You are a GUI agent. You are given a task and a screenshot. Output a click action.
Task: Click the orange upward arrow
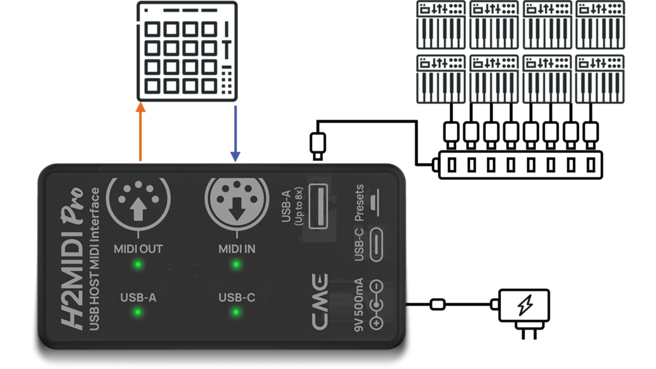(x=141, y=131)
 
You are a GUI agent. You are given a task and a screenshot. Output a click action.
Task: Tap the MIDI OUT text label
(x=138, y=249)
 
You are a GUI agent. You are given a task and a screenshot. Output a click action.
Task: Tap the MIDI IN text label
(x=237, y=249)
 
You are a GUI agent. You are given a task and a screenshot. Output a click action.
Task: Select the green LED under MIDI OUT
(x=138, y=264)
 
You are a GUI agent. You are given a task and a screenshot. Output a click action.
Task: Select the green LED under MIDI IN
(x=237, y=264)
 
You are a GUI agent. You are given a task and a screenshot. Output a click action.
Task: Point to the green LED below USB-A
(x=138, y=312)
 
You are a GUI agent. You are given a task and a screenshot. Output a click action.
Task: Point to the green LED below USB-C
(x=236, y=312)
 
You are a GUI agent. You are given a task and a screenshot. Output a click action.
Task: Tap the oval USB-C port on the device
(x=376, y=245)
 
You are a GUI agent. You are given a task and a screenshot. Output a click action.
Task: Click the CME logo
(x=319, y=301)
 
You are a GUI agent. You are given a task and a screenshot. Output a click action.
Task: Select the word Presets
(x=359, y=203)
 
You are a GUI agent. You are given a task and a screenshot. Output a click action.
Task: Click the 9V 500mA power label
(x=359, y=304)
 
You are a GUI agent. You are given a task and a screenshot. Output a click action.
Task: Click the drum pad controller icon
(x=187, y=52)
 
